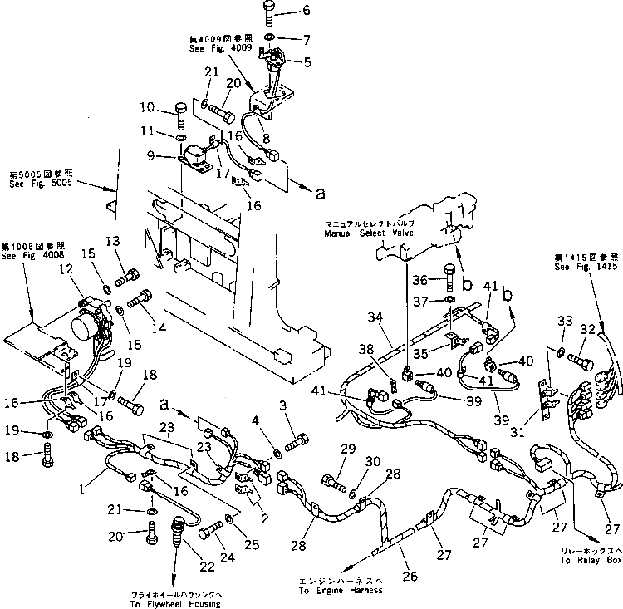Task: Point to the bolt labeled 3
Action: [300, 435]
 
